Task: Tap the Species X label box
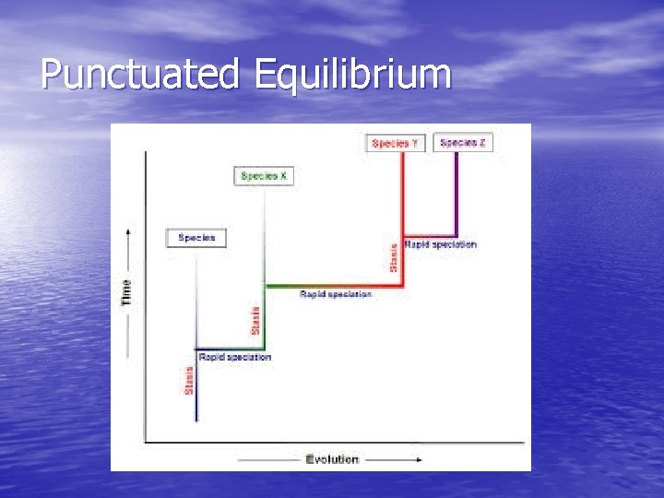point(264,175)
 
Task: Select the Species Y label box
point(395,143)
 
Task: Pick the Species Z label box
point(462,143)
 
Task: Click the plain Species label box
point(196,238)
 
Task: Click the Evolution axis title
point(332,458)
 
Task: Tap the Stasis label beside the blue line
point(189,380)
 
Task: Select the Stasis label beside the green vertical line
point(256,320)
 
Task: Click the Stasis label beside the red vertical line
point(395,257)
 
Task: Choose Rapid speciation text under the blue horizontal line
point(235,357)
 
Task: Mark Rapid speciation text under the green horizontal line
point(336,294)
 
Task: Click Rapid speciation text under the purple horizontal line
point(441,244)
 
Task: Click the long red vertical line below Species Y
point(403,212)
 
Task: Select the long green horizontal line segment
point(332,286)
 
